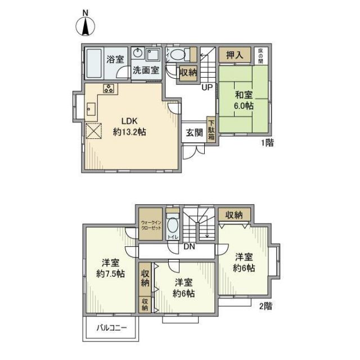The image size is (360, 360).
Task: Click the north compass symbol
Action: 86,26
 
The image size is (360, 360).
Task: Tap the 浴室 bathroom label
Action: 116,58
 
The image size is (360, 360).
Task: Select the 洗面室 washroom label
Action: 146,71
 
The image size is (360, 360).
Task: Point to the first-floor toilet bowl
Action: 178,55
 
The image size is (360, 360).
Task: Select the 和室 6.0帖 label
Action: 244,100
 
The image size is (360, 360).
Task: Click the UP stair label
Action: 206,88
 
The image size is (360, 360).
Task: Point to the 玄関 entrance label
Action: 195,133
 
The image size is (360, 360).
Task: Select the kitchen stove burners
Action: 109,88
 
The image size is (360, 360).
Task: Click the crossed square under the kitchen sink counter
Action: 93,131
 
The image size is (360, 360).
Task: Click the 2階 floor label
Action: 265,306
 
